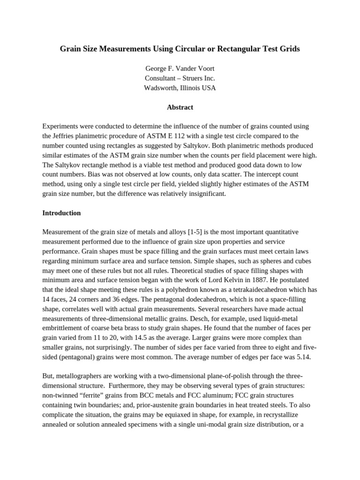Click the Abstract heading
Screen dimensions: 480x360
coord(180,107)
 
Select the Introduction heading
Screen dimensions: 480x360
coord(61,213)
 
